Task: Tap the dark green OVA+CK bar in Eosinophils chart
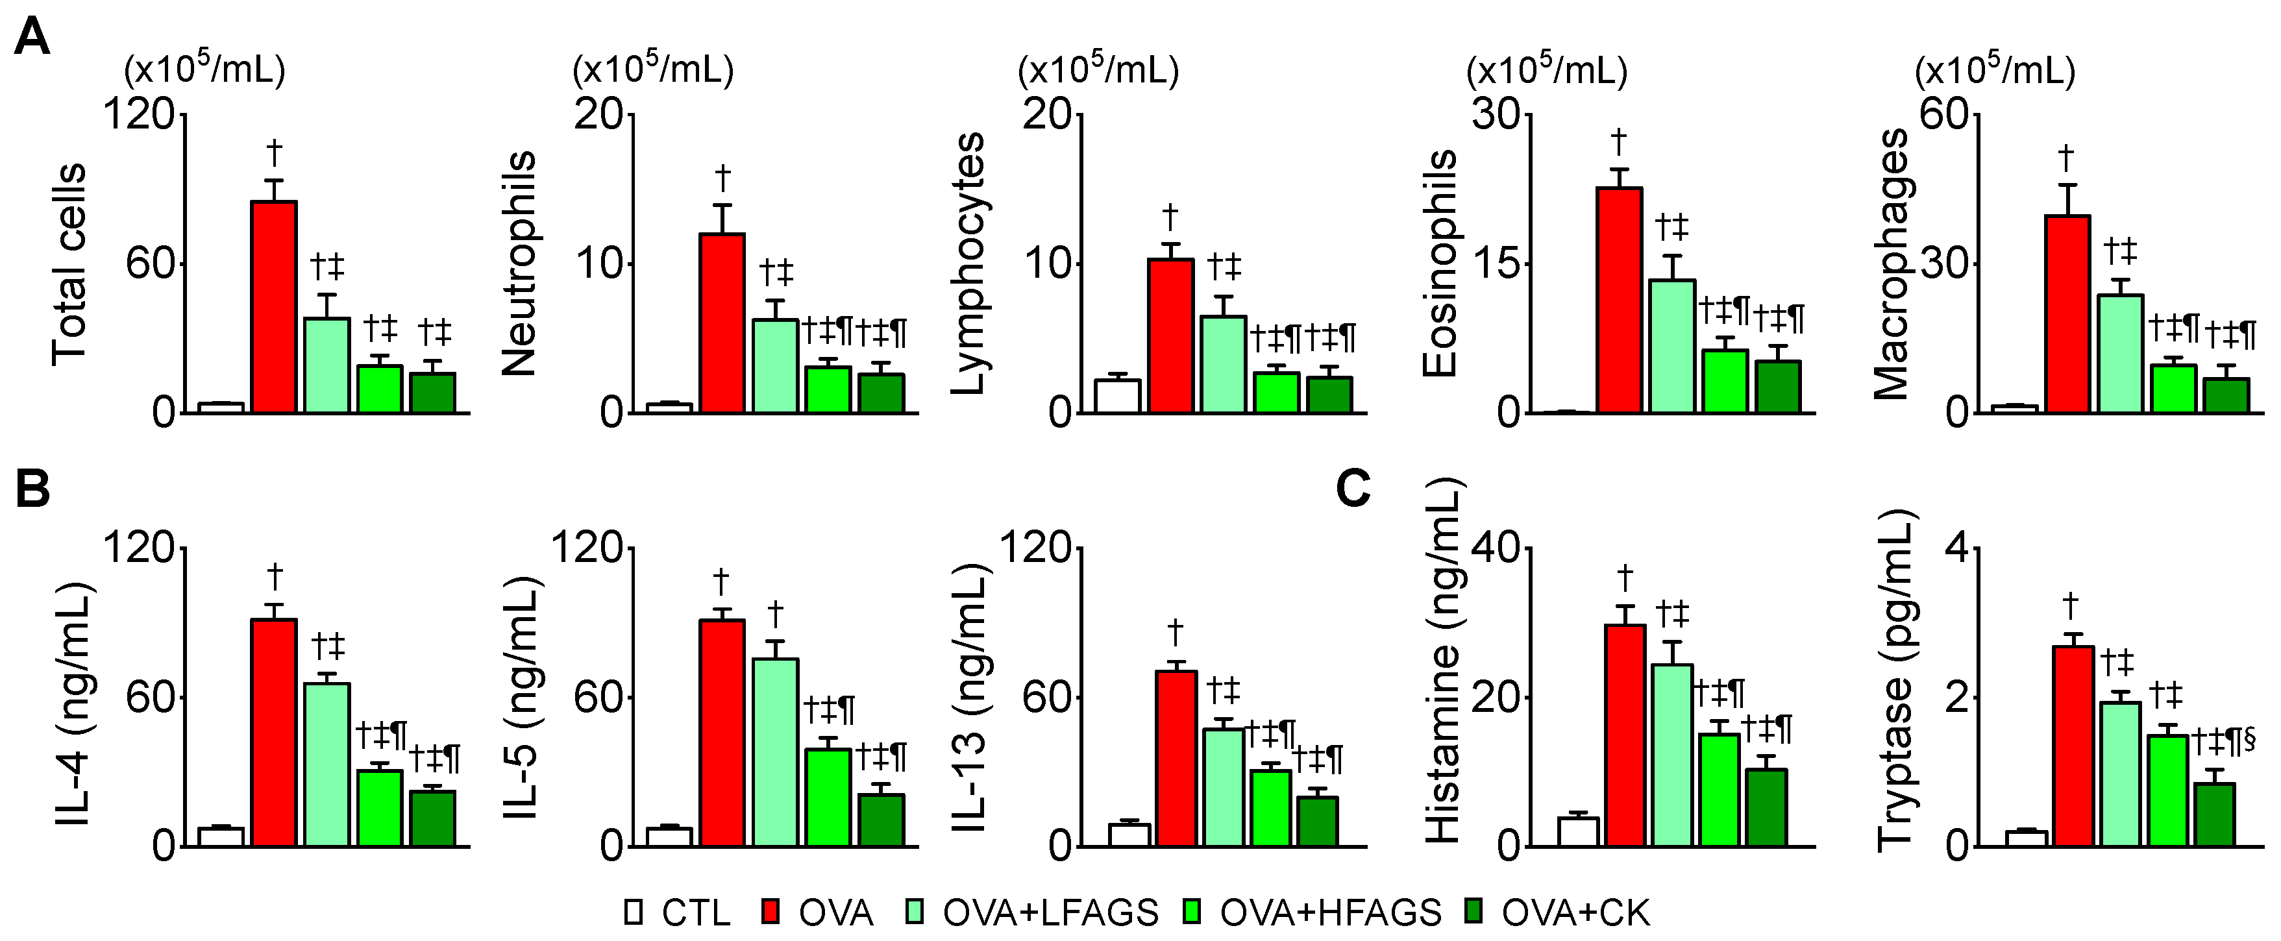coord(1778,387)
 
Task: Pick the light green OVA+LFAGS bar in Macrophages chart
coord(2120,354)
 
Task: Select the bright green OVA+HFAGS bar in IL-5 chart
coord(828,798)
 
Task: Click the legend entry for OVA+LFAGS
coord(1031,912)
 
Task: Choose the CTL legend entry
coord(678,912)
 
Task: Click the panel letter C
coord(1352,488)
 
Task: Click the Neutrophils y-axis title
coord(520,263)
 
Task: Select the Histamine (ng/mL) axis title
coord(1442,659)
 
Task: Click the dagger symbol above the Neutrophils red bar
coord(722,178)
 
